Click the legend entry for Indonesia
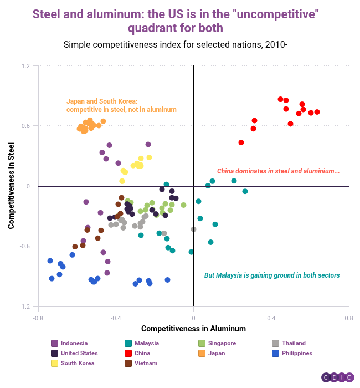pyautogui.click(x=74, y=343)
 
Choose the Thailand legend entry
pyautogui.click(x=293, y=343)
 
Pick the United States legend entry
pyautogui.click(x=79, y=353)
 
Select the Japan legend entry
pyautogui.click(x=216, y=353)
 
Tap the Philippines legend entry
pyautogui.click(x=296, y=353)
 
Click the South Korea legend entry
pyautogui.click(x=77, y=363)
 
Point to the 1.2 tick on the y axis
pyautogui.click(x=25, y=65)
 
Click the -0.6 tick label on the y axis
pyautogui.click(x=24, y=246)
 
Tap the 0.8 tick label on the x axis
pyautogui.click(x=348, y=319)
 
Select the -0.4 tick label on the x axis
pyautogui.click(x=116, y=319)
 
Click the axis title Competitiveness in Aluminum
pyautogui.click(x=193, y=329)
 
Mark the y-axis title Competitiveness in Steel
pyautogui.click(x=11, y=186)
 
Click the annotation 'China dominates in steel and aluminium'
pyautogui.click(x=278, y=171)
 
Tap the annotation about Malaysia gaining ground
pyautogui.click(x=272, y=275)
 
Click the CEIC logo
pyautogui.click(x=337, y=377)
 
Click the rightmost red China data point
pyautogui.click(x=317, y=112)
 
